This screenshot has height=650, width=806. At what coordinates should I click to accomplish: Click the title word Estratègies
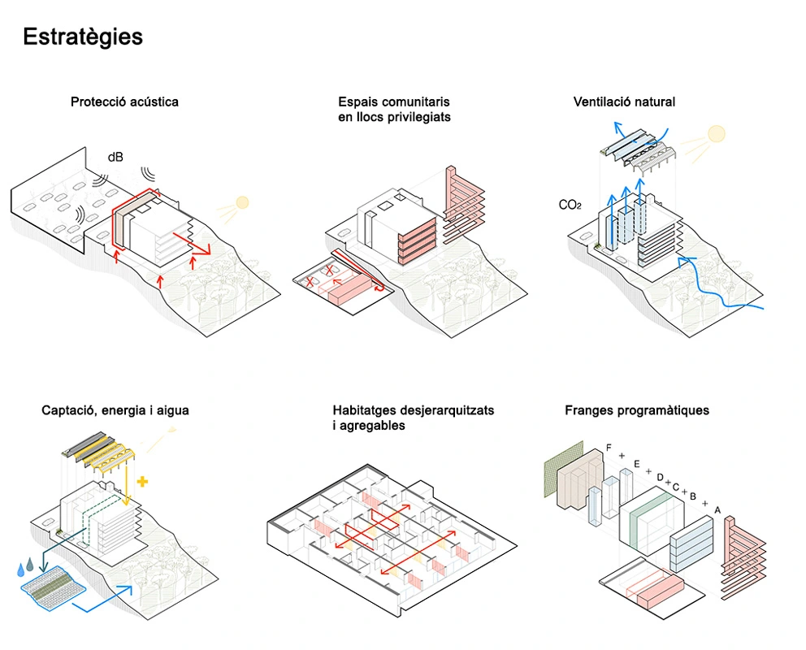(83, 37)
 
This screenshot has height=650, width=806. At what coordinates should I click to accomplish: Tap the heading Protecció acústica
(124, 102)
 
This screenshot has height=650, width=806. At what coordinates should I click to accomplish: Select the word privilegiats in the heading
(417, 117)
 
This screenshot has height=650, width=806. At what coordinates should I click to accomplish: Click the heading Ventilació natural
(624, 102)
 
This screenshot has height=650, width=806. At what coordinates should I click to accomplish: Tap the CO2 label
(570, 206)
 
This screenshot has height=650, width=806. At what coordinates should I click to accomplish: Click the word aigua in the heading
(171, 411)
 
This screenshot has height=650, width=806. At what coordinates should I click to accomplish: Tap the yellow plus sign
(143, 482)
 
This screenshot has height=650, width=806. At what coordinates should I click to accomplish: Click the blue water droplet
(22, 570)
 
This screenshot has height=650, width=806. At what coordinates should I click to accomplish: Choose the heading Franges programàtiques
(636, 411)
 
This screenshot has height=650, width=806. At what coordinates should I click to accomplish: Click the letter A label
(717, 509)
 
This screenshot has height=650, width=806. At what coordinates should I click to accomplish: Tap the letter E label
(637, 464)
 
